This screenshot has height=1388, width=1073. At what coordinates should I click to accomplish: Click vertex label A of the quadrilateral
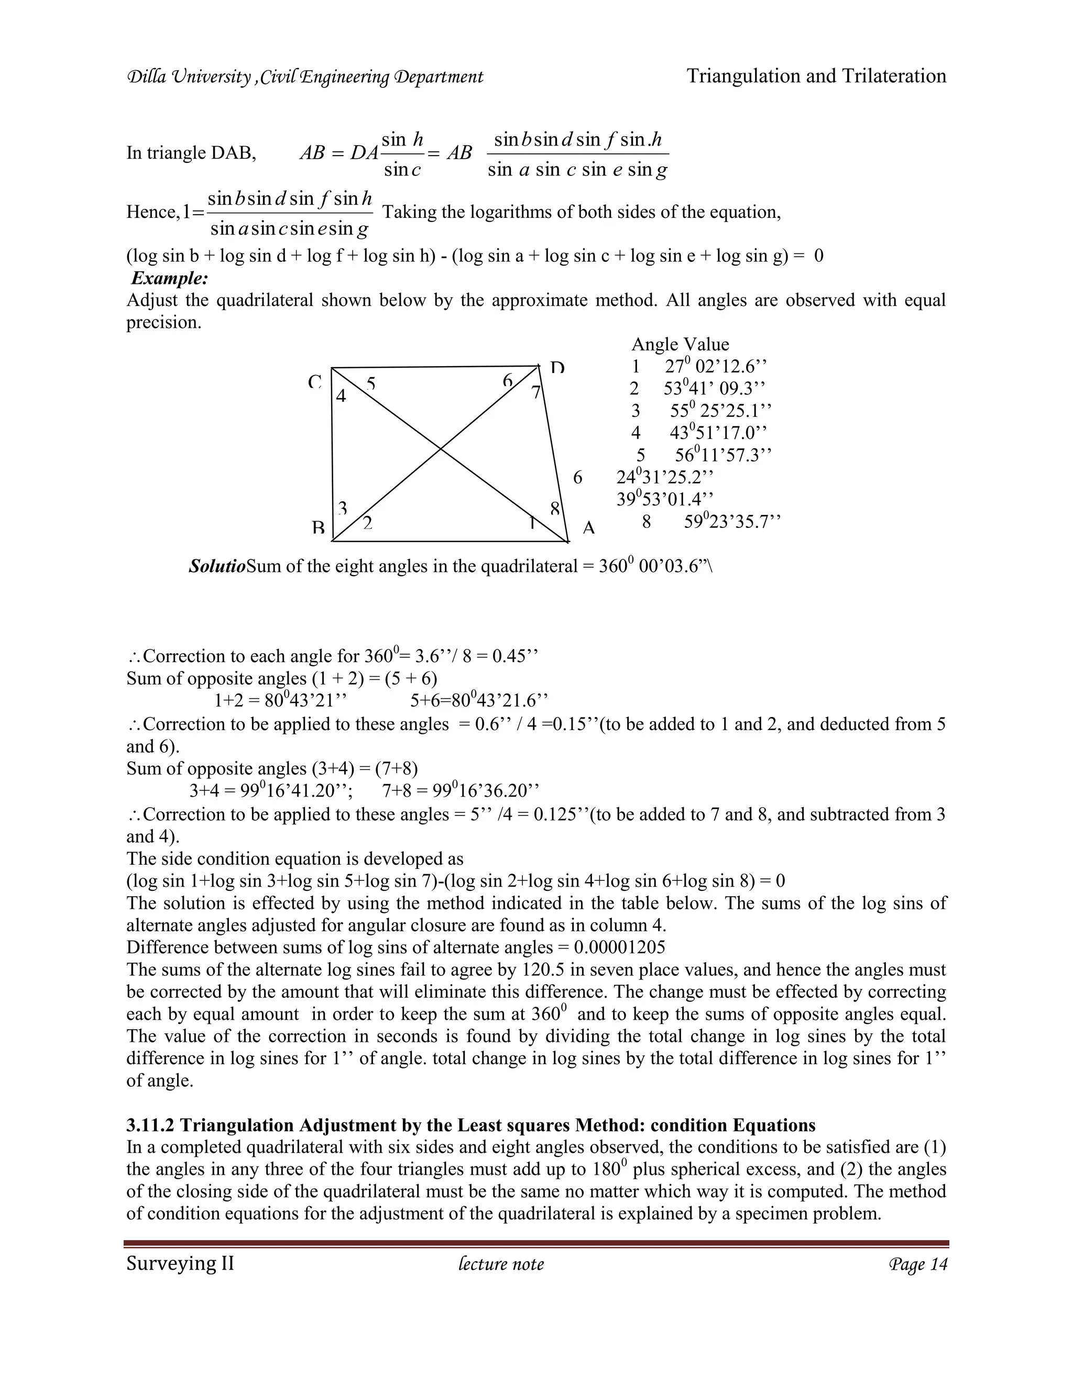[x=588, y=528]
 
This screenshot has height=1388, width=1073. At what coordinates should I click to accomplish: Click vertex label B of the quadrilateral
[x=319, y=528]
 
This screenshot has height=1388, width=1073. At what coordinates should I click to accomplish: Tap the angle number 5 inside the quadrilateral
[x=370, y=384]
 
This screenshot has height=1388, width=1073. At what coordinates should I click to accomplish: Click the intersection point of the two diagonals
[x=441, y=449]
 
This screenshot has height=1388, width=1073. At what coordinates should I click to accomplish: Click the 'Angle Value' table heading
[x=680, y=345]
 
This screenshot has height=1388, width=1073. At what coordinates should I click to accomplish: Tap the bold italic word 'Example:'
[x=170, y=278]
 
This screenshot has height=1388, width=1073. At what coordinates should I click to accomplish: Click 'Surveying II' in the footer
[x=180, y=1263]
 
